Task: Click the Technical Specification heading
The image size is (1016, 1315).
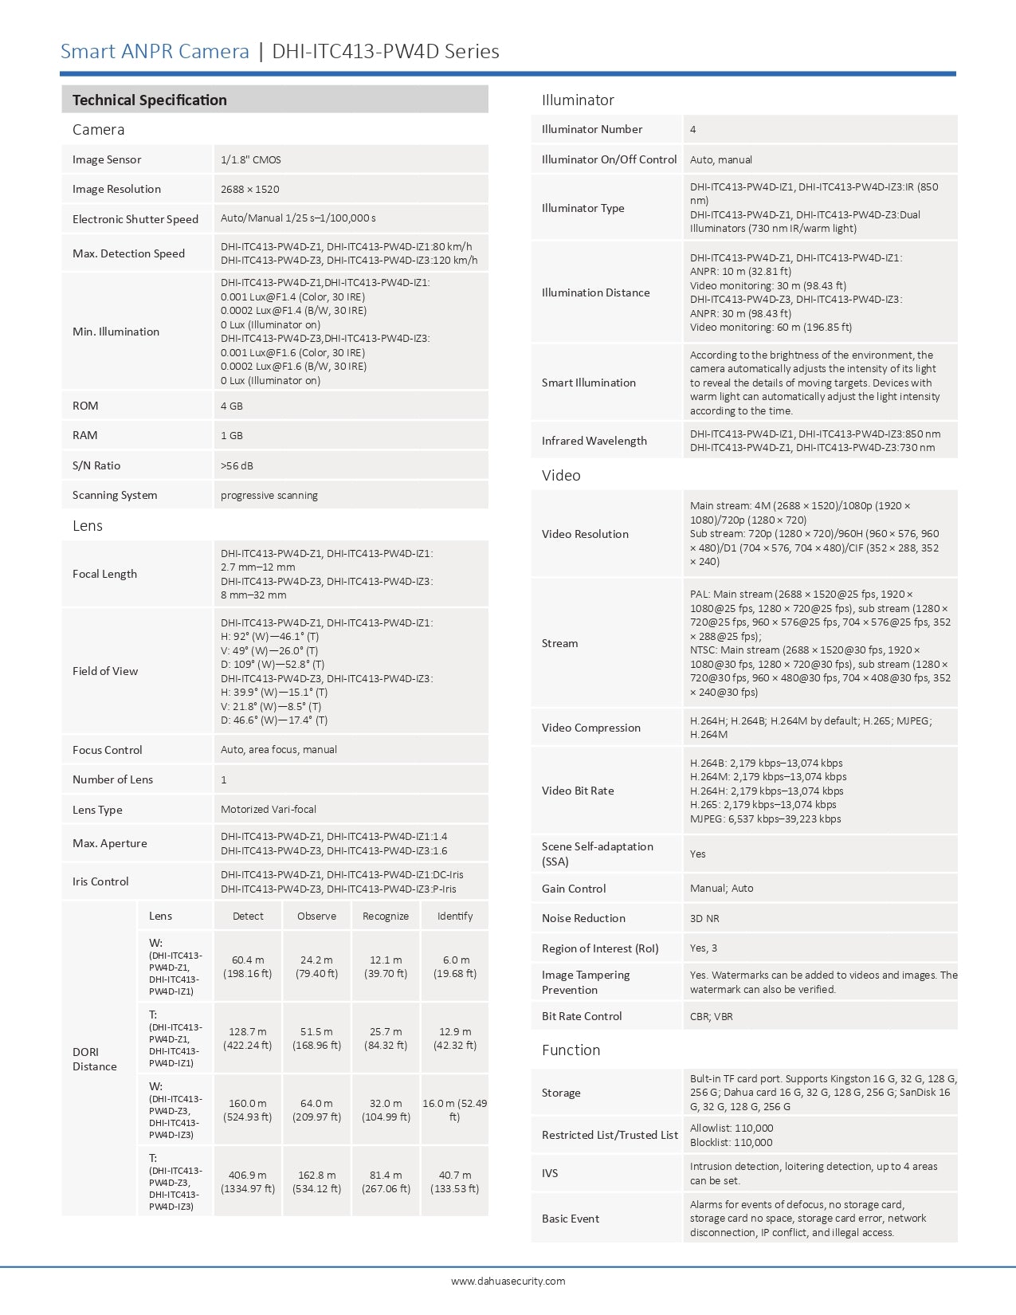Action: pos(150,100)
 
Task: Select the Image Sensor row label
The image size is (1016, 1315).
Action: pos(107,159)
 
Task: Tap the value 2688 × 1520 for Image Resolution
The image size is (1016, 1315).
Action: pos(250,190)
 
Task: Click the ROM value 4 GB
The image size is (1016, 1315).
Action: pos(232,406)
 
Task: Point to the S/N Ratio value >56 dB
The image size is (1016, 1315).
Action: pos(237,466)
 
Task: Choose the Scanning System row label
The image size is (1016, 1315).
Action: pos(115,496)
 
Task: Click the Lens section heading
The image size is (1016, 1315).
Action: pos(88,526)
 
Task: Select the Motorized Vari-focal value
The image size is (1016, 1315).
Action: pos(269,810)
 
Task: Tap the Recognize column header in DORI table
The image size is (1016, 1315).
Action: pos(386,917)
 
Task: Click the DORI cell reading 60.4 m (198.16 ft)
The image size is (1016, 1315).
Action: pos(248,967)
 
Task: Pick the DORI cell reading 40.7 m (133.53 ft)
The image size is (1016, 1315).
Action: pos(455,1182)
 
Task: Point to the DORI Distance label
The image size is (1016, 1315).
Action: pos(95,1059)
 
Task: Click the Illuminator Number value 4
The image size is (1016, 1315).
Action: pos(693,130)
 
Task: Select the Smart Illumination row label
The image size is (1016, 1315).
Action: pos(589,383)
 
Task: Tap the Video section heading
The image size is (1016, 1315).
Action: pos(561,476)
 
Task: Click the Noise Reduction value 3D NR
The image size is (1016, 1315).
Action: pos(704,919)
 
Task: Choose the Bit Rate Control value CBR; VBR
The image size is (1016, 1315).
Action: pos(712,1017)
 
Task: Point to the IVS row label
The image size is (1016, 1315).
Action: pos(550,1174)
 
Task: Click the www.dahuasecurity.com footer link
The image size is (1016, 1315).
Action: pos(508,1282)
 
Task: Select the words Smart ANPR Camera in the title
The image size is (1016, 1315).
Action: pos(155,52)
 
